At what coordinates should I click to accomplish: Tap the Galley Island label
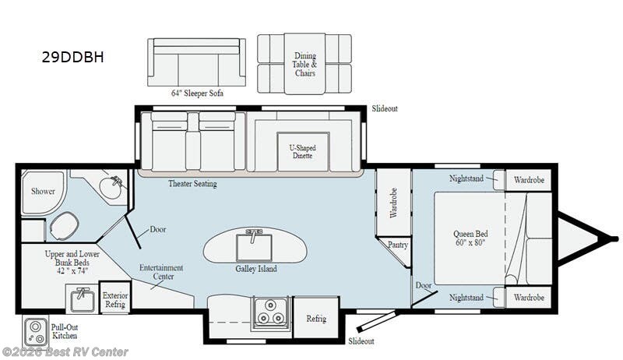click(256, 269)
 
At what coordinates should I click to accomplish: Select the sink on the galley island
click(254, 245)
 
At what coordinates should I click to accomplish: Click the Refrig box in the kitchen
click(316, 319)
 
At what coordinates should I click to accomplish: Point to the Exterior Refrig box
click(115, 299)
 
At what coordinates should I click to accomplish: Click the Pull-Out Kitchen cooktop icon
click(34, 331)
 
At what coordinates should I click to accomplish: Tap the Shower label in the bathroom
click(43, 190)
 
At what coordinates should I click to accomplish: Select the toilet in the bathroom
click(62, 228)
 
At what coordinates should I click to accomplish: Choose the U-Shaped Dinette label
click(301, 151)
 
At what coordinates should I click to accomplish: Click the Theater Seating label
click(192, 184)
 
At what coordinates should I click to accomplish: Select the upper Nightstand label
click(466, 178)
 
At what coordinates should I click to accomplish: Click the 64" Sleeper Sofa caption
click(197, 94)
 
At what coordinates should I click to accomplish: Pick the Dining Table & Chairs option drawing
click(304, 62)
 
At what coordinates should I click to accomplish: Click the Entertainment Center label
click(161, 272)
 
